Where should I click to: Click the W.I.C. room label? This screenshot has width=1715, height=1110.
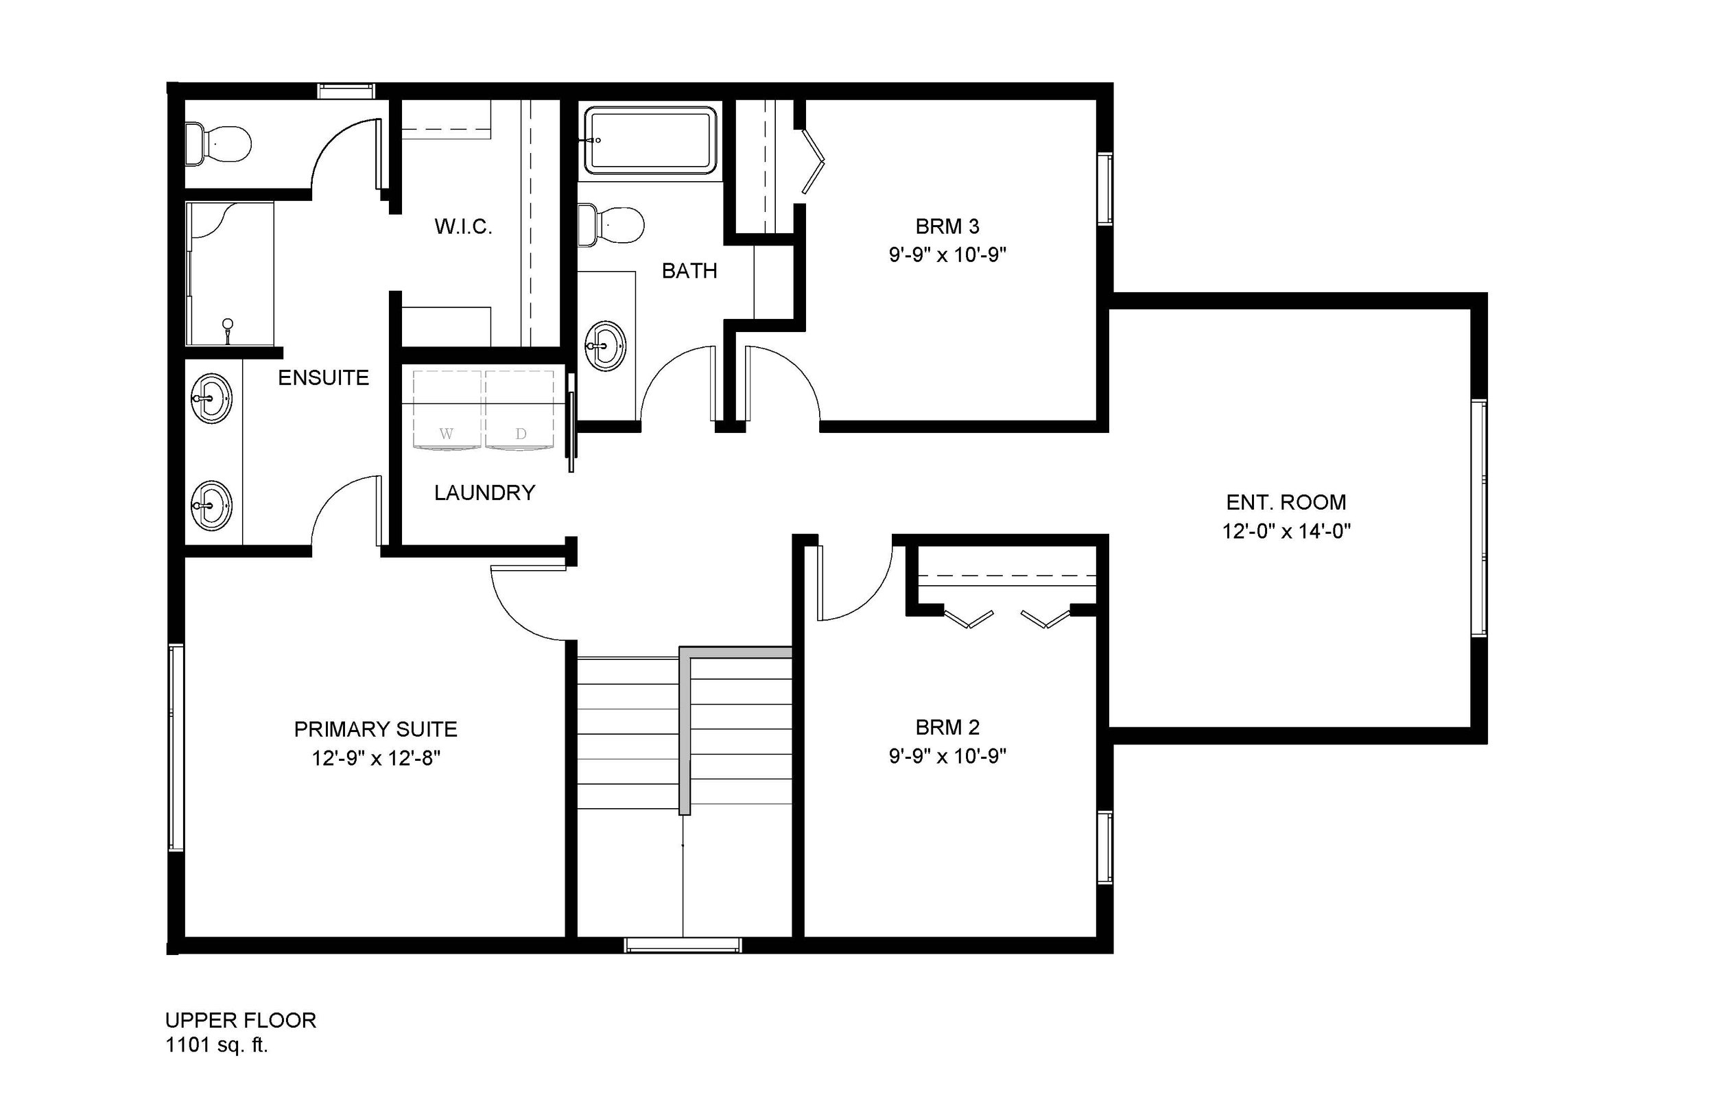pyautogui.click(x=463, y=227)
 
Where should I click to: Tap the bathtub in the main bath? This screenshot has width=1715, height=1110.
pyautogui.click(x=650, y=141)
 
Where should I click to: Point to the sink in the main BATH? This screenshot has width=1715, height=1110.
pyautogui.click(x=605, y=346)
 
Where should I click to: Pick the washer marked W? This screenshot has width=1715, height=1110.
pyautogui.click(x=447, y=411)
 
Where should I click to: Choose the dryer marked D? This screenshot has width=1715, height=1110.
pyautogui.click(x=520, y=411)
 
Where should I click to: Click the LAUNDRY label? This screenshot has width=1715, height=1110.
pyautogui.click(x=484, y=493)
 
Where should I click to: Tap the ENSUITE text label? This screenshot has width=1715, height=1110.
pyautogui.click(x=324, y=378)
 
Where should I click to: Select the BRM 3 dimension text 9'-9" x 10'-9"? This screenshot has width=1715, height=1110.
pyautogui.click(x=947, y=255)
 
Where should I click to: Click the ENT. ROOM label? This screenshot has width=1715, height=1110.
pyautogui.click(x=1286, y=502)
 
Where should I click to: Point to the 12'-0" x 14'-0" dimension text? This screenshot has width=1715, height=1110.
pyautogui.click(x=1286, y=532)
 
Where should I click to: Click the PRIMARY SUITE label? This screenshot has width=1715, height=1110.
pyautogui.click(x=375, y=729)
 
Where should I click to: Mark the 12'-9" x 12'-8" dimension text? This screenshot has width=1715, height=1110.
pyautogui.click(x=375, y=758)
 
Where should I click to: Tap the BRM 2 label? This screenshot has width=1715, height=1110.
pyautogui.click(x=947, y=727)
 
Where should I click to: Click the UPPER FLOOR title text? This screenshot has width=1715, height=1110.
pyautogui.click(x=241, y=1021)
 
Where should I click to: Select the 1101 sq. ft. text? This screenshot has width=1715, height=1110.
pyautogui.click(x=217, y=1045)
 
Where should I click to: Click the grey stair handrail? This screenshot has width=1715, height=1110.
pyautogui.click(x=685, y=728)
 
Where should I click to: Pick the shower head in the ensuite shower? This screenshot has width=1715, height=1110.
pyautogui.click(x=228, y=324)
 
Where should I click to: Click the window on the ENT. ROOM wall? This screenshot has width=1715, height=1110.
pyautogui.click(x=1478, y=517)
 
